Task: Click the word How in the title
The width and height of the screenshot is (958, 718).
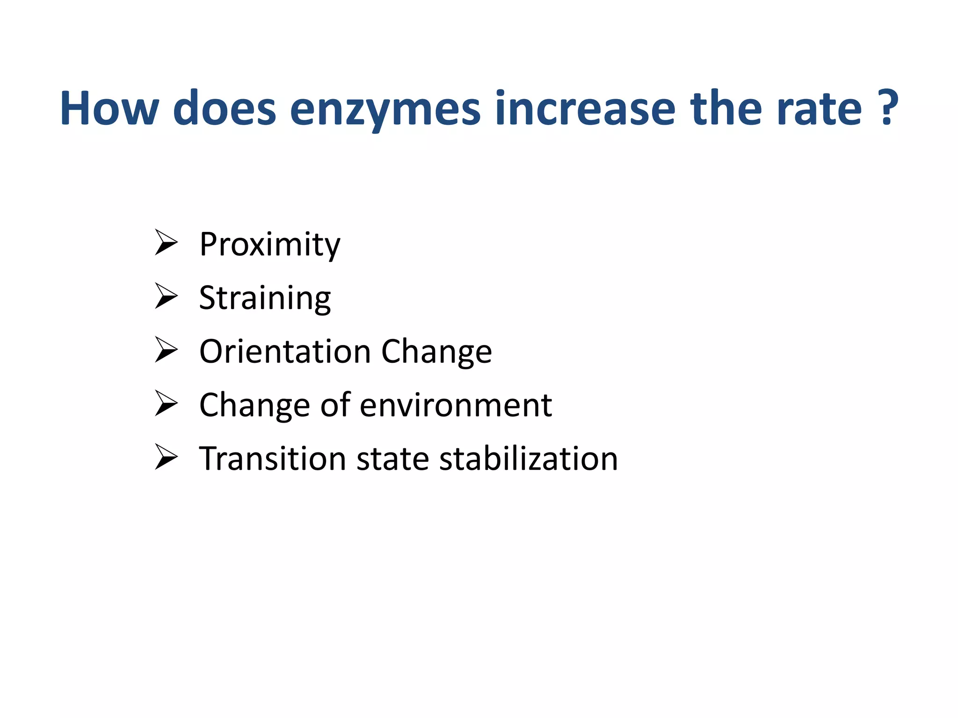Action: tap(109, 108)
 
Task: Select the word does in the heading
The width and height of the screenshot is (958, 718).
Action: tap(225, 108)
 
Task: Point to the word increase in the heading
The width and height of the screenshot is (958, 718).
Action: tap(585, 108)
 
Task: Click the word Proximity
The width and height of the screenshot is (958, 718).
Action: tap(270, 244)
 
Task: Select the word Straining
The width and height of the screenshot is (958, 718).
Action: tap(265, 298)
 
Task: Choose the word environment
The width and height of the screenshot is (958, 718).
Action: tap(456, 405)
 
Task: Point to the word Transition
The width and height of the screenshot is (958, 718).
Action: tap(272, 459)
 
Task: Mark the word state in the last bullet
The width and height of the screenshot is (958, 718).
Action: tap(392, 459)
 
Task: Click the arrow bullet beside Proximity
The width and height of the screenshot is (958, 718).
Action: tap(166, 243)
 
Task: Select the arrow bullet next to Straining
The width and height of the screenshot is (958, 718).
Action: tap(166, 296)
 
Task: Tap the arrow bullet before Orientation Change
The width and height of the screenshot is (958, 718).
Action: tap(166, 350)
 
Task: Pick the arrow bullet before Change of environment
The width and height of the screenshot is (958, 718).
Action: tap(166, 403)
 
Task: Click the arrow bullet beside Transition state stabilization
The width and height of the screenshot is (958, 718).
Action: tap(166, 457)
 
